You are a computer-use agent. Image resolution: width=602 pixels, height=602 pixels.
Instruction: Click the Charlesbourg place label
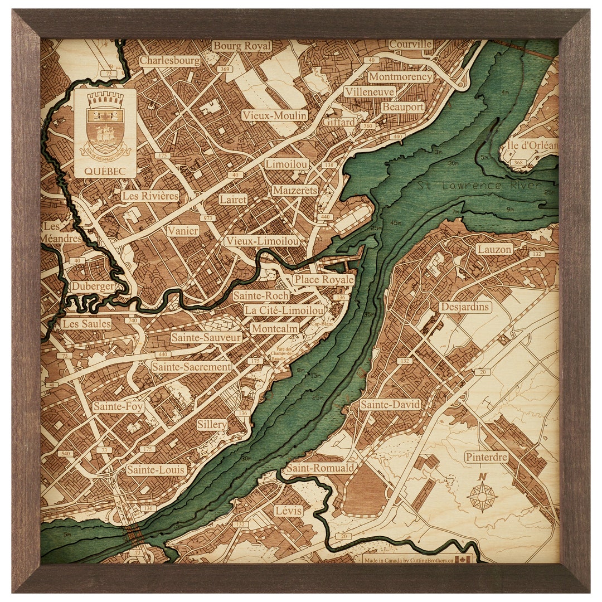click(170, 61)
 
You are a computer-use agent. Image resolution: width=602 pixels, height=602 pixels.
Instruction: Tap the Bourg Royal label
click(242, 46)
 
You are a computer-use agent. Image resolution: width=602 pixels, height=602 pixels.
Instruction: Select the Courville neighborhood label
click(411, 44)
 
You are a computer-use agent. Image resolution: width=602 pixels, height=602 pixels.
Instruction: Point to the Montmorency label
click(400, 77)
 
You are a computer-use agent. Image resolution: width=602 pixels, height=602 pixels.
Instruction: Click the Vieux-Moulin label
click(274, 115)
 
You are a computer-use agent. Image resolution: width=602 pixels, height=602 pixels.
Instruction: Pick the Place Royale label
click(323, 279)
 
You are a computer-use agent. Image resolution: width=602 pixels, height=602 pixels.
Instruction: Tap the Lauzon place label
click(494, 249)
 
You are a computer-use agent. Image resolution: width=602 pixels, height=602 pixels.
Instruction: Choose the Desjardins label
click(465, 307)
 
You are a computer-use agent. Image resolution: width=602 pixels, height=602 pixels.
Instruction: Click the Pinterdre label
click(487, 457)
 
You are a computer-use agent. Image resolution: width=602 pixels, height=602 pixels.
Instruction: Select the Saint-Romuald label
click(319, 468)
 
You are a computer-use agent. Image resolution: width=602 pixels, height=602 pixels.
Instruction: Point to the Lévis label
click(288, 511)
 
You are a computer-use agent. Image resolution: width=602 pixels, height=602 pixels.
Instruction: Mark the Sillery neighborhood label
click(212, 425)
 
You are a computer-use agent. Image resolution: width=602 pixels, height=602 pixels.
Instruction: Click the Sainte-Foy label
click(118, 407)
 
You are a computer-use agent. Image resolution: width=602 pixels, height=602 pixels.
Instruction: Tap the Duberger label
click(93, 287)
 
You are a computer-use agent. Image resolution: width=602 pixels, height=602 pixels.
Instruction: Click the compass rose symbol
click(483, 495)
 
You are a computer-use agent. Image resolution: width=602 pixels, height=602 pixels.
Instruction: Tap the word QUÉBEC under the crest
click(105, 171)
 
